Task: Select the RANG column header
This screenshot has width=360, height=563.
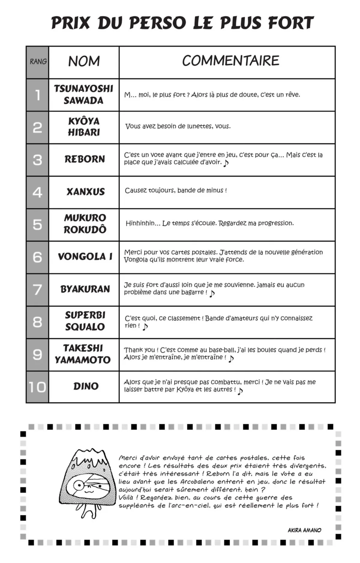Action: pos(38,62)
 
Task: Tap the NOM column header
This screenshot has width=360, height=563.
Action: pos(84,61)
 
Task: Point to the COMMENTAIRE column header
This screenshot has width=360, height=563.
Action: pos(230,61)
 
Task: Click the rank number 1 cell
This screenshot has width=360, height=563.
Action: pos(37,95)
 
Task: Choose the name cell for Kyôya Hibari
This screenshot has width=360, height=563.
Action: pos(84,127)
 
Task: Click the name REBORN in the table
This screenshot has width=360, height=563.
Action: pos(85,159)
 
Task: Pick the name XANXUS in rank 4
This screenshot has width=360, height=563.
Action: pos(85,192)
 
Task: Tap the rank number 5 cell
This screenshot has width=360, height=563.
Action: pos(37,225)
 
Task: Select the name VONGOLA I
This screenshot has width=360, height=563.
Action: pos(85,257)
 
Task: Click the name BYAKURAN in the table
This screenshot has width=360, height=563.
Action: pos(85,289)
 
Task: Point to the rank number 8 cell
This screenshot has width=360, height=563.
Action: pos(37,322)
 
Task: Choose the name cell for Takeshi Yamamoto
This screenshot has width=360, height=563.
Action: pos(83,354)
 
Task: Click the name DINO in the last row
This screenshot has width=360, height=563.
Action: pos(86,386)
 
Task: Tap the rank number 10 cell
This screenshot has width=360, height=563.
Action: pos(37,387)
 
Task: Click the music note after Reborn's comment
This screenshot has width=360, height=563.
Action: pos(226,163)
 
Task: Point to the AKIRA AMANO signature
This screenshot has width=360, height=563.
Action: pos(304,530)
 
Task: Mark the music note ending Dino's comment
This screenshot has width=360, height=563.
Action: pos(240,391)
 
